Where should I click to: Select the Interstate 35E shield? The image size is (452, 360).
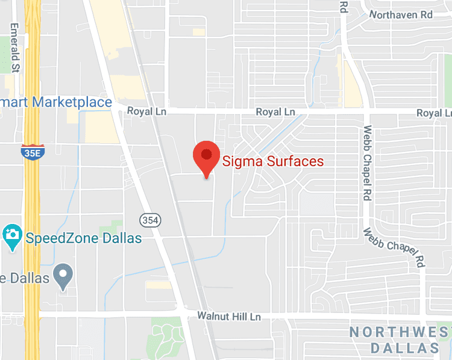click(x=32, y=152)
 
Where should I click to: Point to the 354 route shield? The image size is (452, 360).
click(x=150, y=220)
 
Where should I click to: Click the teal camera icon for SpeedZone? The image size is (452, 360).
click(x=12, y=238)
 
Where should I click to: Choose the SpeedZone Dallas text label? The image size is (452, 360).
click(x=84, y=238)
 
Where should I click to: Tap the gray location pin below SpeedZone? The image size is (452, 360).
click(x=63, y=277)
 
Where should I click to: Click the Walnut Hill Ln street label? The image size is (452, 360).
click(x=229, y=315)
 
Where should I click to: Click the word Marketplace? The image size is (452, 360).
click(x=72, y=102)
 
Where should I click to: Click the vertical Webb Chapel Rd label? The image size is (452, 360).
click(x=366, y=163)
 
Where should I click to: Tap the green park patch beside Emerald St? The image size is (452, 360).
click(x=6, y=48)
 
